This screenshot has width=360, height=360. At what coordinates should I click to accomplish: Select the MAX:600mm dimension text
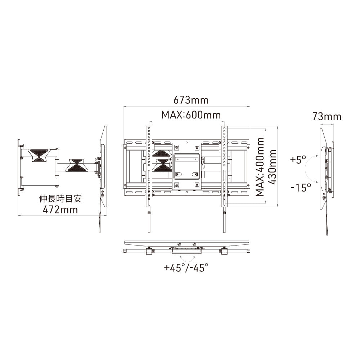tap(191, 115)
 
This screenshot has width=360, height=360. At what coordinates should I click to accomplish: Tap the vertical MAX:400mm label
tap(260, 167)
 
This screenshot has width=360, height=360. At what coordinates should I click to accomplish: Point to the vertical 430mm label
tap(273, 167)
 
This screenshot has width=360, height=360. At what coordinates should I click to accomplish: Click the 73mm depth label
tap(327, 116)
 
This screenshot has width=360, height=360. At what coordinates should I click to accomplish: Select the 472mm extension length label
tap(60, 210)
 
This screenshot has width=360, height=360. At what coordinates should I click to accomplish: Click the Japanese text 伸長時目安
tap(60, 199)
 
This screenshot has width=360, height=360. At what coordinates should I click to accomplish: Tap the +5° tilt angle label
tap(298, 159)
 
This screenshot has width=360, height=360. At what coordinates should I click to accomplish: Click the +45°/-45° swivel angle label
tap(186, 268)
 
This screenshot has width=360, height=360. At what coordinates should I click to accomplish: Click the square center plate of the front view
tap(186, 166)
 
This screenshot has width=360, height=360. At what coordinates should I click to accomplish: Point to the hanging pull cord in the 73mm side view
tap(326, 223)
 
